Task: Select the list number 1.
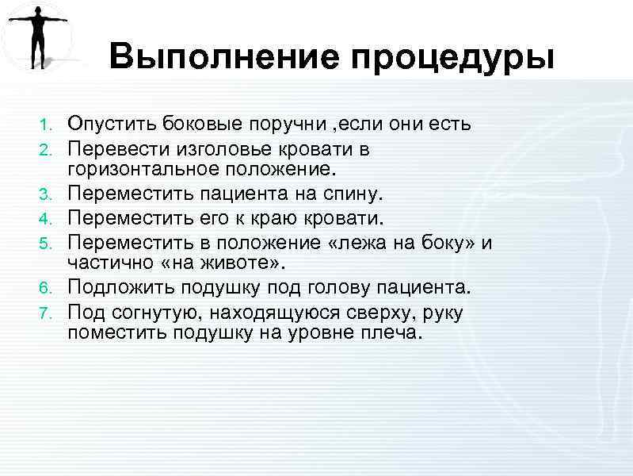click(46, 125)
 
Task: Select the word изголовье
click(205, 148)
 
